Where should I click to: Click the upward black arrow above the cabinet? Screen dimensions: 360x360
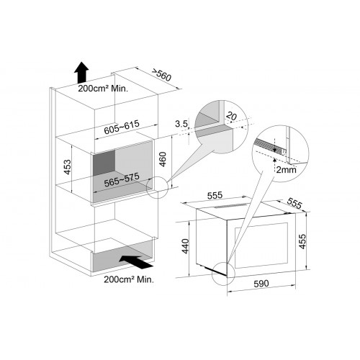click(81, 73)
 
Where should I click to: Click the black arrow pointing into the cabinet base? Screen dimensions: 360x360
click(135, 261)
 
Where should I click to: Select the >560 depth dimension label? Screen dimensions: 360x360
click(161, 75)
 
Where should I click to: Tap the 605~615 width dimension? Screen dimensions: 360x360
click(122, 127)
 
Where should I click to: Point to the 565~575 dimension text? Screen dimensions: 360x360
click(122, 180)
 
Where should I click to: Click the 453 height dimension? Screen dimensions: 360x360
click(68, 167)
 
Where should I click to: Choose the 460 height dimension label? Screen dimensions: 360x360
click(163, 159)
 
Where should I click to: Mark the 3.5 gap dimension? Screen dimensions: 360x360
click(181, 124)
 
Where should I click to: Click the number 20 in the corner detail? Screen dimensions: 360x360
click(232, 116)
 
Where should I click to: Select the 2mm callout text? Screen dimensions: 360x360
click(286, 170)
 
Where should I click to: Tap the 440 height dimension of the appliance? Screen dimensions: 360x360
click(186, 246)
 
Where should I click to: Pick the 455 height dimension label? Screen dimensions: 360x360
click(303, 241)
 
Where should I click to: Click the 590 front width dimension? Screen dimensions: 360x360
click(261, 284)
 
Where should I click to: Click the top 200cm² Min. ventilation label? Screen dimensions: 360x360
click(103, 89)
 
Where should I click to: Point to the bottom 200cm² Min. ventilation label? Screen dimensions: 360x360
click(129, 279)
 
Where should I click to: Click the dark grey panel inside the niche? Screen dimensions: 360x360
click(104, 163)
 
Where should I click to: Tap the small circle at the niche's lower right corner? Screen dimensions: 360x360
click(157, 187)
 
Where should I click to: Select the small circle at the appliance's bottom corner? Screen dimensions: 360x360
click(222, 274)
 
